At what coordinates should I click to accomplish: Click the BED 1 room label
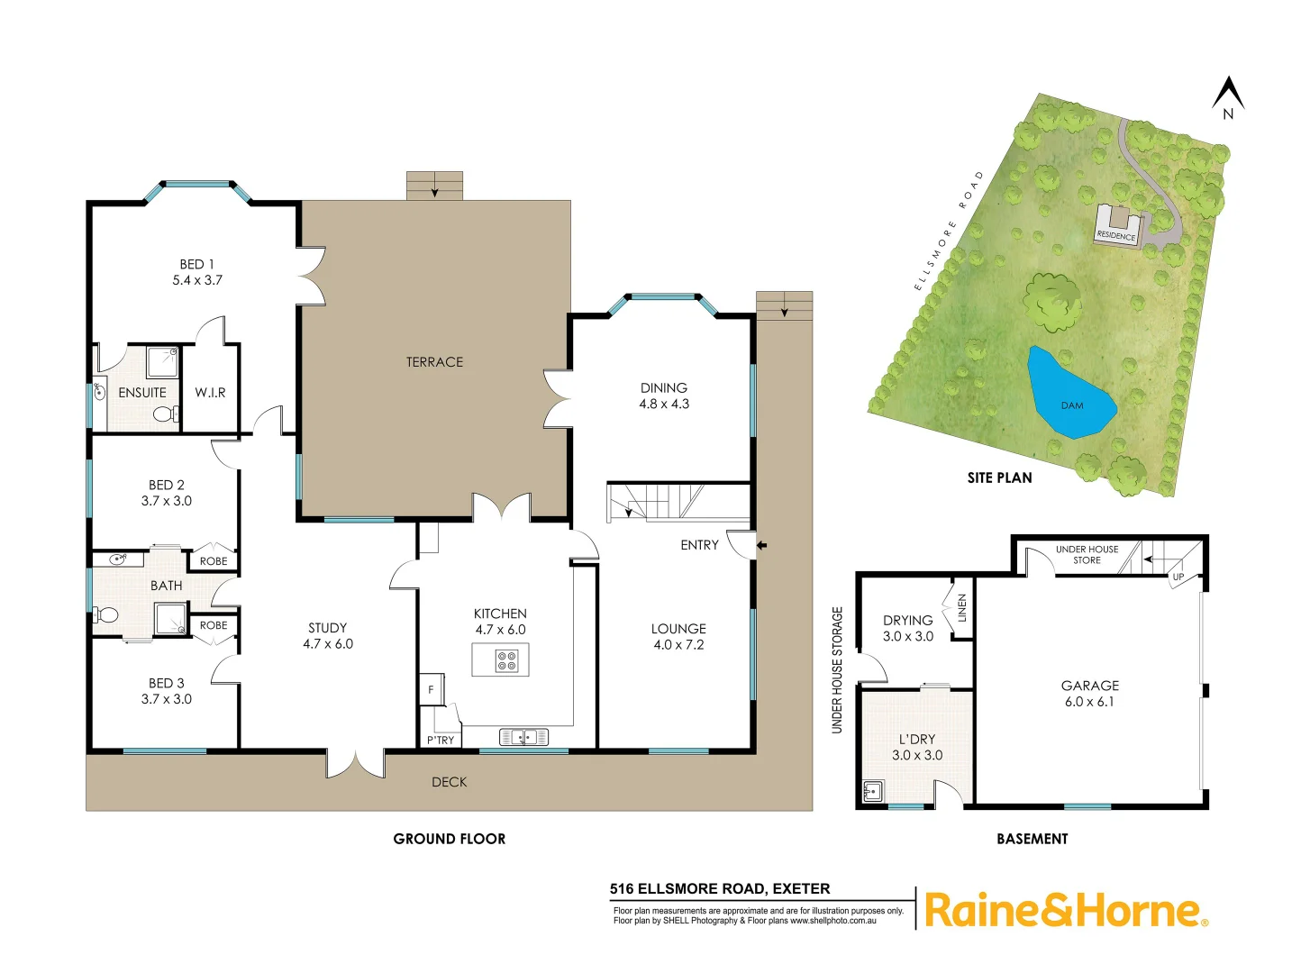coord(197,264)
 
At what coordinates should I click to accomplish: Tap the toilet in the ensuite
coord(163,414)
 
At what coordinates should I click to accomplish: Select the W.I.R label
coord(210,393)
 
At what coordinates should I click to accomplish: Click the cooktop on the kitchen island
coord(506,660)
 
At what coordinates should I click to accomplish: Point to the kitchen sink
coord(523,738)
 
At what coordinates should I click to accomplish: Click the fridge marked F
coord(431,690)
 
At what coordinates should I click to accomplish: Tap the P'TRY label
coord(441,741)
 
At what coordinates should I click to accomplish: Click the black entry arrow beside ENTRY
coord(761,545)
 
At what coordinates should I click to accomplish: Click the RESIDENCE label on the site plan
coord(1116,235)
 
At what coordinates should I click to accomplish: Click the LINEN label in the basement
coord(962,608)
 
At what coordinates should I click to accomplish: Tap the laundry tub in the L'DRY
coord(872,792)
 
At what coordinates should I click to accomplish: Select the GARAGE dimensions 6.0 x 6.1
coord(1089,702)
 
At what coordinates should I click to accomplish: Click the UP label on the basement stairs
coord(1178,577)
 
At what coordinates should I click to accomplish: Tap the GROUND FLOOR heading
coord(450,839)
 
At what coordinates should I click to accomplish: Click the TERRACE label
coord(434,362)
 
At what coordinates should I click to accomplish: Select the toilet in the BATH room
coord(108,615)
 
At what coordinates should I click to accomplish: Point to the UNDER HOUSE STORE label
coord(1087,554)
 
